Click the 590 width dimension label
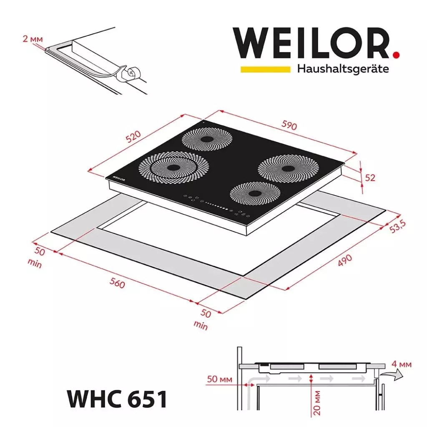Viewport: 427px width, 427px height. click(x=289, y=125)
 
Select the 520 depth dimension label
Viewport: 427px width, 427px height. click(x=134, y=137)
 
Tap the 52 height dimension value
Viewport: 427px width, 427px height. click(x=370, y=178)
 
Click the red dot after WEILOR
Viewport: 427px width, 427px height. click(x=396, y=54)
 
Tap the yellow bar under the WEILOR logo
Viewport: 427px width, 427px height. click(x=265, y=69)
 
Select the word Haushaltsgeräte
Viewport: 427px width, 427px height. click(x=343, y=69)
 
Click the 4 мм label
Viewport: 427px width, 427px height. click(x=402, y=365)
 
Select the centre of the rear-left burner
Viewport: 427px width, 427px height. click(x=206, y=140)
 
